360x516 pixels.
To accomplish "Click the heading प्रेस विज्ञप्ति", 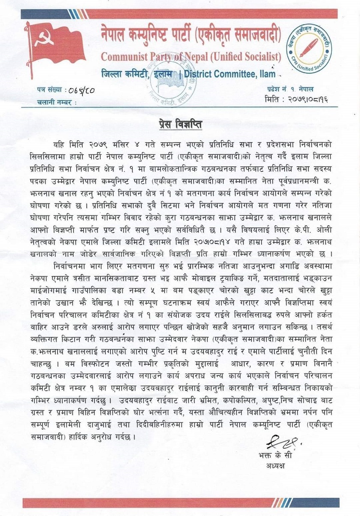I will (180, 125).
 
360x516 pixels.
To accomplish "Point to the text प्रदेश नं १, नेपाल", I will (289, 89).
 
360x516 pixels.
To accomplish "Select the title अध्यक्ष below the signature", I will (281, 465).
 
